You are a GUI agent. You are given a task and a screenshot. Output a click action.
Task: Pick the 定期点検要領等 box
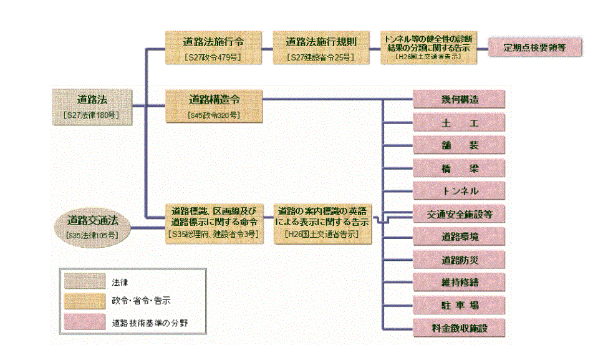tap(534, 47)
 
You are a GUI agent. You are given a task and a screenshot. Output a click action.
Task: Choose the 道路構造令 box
tap(213, 106)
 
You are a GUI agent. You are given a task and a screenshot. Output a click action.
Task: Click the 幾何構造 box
tap(458, 99)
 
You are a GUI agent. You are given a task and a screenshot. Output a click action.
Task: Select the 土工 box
tap(458, 122)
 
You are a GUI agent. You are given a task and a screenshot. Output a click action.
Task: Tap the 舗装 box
tap(458, 145)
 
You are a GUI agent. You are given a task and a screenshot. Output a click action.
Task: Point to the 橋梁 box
tap(458, 168)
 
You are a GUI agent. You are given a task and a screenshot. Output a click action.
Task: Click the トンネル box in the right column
tap(458, 191)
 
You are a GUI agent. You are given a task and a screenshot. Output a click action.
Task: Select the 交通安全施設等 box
tap(458, 214)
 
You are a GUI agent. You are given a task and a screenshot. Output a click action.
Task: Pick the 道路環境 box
tap(458, 237)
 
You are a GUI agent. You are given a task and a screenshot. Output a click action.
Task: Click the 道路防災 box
tap(458, 260)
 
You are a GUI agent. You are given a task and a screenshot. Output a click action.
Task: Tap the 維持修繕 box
tap(458, 283)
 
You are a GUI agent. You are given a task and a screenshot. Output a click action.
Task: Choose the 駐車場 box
tap(458, 306)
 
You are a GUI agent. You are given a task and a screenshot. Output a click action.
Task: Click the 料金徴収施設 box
tap(458, 328)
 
